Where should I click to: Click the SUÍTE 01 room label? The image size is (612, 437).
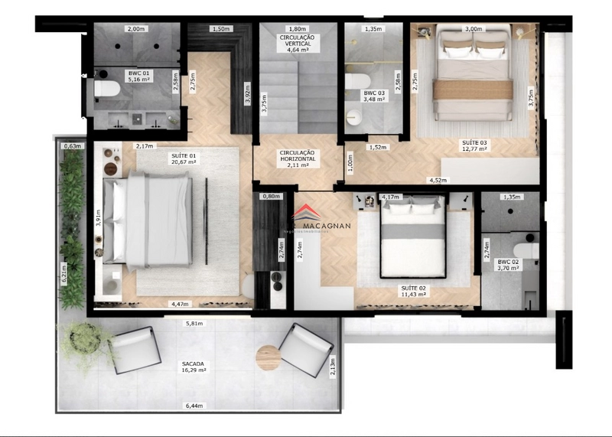(x=184, y=158)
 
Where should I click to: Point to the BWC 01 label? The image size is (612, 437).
(x=140, y=76)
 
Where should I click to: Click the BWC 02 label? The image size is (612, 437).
(x=509, y=264)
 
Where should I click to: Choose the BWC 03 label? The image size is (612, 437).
(x=374, y=97)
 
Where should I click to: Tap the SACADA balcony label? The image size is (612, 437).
(x=193, y=367)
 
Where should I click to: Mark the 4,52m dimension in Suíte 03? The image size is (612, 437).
(x=438, y=181)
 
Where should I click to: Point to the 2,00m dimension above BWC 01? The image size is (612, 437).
(x=135, y=29)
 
